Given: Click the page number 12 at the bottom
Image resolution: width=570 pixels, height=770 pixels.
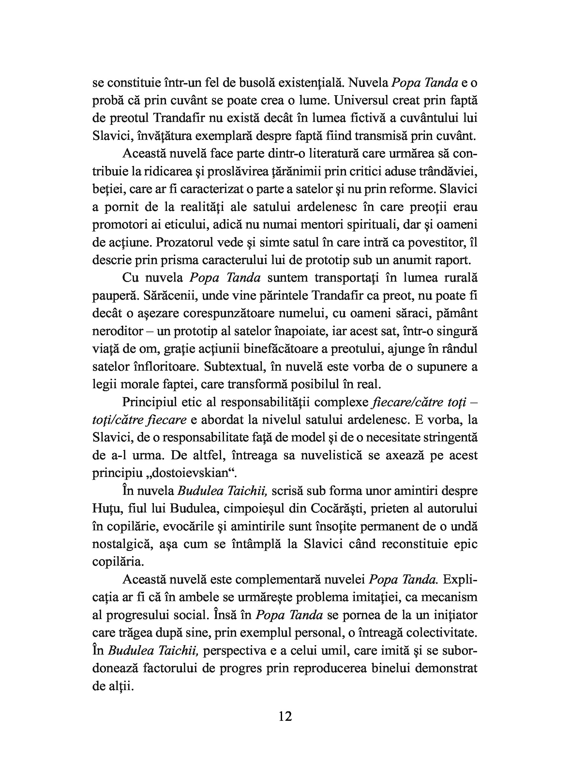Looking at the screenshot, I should tap(285, 717).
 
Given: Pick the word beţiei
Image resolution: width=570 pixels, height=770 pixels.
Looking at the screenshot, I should tap(105, 189).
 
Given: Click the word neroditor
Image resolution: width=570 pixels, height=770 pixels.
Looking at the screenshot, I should tap(118, 331).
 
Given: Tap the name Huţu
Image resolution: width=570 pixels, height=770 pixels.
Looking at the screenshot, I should tap(107, 509).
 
